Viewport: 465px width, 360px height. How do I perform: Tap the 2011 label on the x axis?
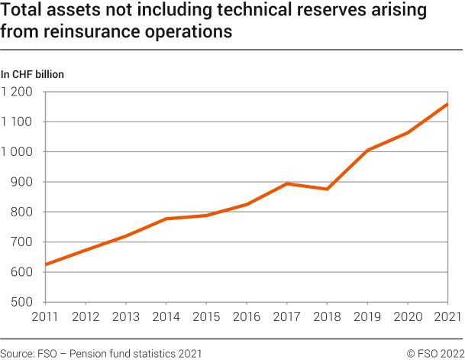(46, 316)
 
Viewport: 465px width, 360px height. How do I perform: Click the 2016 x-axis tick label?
(247, 316)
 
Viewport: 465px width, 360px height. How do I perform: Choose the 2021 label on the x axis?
(447, 316)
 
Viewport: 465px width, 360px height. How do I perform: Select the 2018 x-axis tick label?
(327, 316)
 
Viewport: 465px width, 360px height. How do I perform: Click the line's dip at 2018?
(327, 189)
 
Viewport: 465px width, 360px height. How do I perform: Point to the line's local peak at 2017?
(287, 183)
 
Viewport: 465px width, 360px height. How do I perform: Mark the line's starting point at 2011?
(47, 264)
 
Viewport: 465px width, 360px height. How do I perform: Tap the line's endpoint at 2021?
(447, 105)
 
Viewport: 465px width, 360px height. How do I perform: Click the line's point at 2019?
(367, 151)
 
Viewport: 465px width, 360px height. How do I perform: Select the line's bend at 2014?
(166, 219)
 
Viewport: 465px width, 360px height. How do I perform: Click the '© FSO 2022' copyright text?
(434, 352)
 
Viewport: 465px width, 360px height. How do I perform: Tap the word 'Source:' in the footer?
(18, 352)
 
